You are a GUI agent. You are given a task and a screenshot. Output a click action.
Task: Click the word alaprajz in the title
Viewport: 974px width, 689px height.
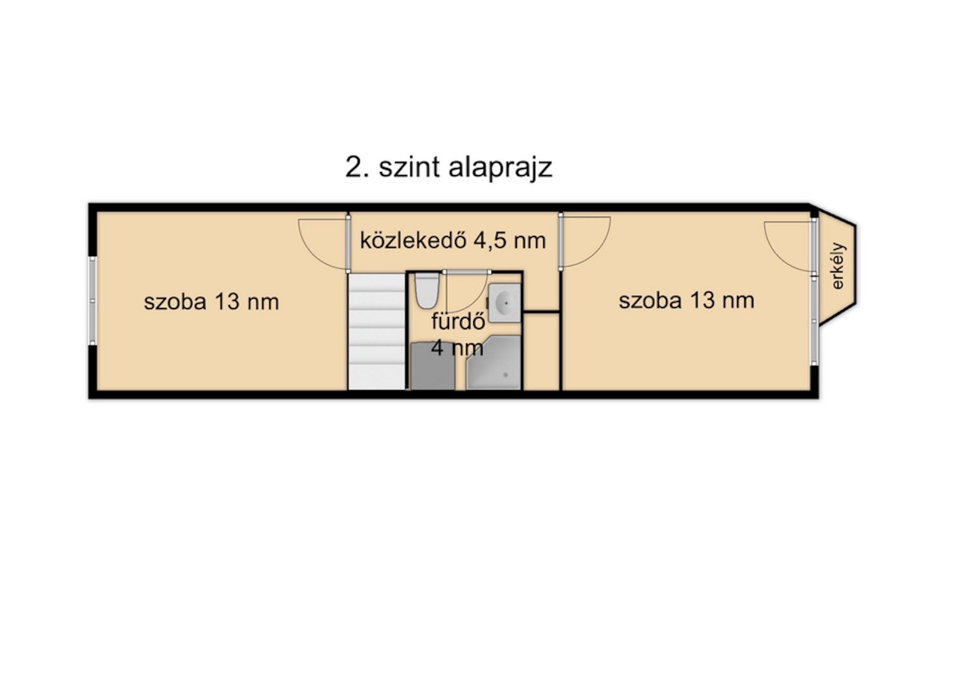(500, 167)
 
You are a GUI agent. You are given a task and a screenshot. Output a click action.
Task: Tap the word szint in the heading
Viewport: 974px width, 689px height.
(409, 167)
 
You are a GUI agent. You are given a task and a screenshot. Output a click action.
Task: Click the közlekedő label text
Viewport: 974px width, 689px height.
(414, 240)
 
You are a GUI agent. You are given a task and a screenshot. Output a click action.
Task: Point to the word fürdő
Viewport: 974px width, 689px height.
(459, 321)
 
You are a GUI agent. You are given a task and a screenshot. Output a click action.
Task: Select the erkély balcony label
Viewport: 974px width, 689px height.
(838, 266)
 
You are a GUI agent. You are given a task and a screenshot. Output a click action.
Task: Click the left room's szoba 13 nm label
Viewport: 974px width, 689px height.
(211, 301)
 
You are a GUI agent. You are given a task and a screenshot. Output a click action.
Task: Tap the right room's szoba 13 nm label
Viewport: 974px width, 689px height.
(686, 300)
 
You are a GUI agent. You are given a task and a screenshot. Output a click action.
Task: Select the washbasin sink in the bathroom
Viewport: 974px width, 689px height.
(504, 303)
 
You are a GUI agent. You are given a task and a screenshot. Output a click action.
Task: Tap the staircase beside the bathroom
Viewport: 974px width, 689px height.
(376, 331)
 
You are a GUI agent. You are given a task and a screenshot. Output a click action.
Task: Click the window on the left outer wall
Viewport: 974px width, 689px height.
(93, 300)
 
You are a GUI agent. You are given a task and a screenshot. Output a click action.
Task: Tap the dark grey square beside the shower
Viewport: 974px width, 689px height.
(432, 366)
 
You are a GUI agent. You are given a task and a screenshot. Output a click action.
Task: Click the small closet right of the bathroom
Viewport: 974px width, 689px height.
(541, 351)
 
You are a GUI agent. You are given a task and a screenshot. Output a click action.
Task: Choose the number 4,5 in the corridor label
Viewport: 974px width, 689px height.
(490, 241)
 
